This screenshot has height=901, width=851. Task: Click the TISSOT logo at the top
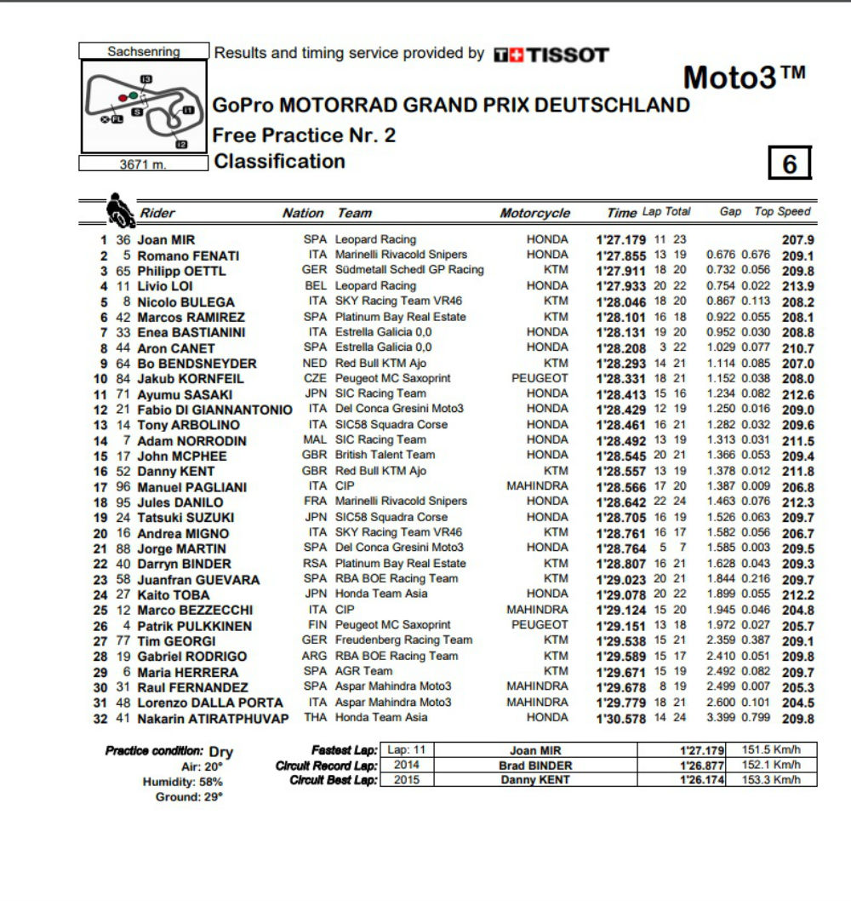click(x=551, y=55)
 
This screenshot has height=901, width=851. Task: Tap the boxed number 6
click(x=790, y=163)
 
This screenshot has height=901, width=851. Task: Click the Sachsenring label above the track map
click(x=144, y=52)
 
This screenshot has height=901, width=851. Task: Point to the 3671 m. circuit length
click(x=143, y=165)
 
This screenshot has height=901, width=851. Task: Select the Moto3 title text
click(x=744, y=77)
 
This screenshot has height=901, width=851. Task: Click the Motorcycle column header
click(x=534, y=213)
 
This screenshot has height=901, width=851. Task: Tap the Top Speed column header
click(x=783, y=212)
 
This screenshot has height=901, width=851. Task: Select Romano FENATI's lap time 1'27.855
click(x=622, y=255)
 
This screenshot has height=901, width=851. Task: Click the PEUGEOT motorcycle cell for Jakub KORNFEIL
click(x=540, y=378)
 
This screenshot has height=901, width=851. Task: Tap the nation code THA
click(x=316, y=717)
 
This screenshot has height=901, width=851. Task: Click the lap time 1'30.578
click(x=622, y=718)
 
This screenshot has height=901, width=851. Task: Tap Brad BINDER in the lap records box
click(x=534, y=765)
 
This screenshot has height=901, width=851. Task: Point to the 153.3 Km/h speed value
click(x=774, y=779)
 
